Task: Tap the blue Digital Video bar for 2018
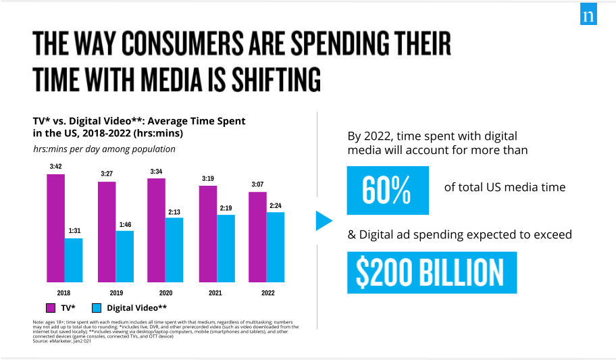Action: (74, 260)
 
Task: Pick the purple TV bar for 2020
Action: (157, 230)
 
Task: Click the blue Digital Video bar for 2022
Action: (276, 247)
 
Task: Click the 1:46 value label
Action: (124, 224)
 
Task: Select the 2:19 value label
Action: (225, 208)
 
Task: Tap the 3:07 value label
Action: (257, 185)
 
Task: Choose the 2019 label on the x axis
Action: (115, 293)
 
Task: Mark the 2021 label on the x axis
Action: (216, 293)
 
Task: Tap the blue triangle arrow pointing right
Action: (324, 220)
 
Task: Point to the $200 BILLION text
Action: (431, 273)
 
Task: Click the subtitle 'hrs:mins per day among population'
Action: (90, 149)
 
